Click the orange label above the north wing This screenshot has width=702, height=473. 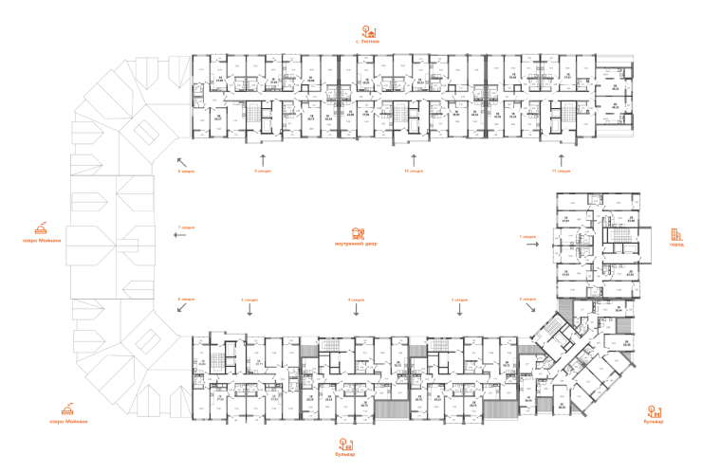(x=368, y=35)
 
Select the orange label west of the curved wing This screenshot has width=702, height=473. (x=41, y=230)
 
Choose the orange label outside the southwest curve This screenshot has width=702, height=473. (x=67, y=412)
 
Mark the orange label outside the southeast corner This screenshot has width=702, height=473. (x=653, y=412)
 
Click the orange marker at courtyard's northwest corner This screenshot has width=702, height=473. (x=186, y=171)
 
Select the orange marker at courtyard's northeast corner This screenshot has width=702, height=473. (x=562, y=171)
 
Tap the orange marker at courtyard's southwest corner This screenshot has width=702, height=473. (x=186, y=300)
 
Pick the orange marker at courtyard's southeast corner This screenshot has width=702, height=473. (x=527, y=300)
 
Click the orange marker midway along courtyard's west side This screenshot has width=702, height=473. (x=186, y=228)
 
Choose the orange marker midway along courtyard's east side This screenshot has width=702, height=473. (x=527, y=234)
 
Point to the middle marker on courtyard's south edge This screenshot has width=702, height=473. (x=355, y=300)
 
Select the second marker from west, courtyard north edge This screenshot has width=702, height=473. (x=263, y=171)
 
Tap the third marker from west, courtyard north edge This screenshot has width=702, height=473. (x=413, y=171)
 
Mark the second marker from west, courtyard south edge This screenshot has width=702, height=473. (x=249, y=300)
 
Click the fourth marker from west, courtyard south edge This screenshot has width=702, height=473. (x=459, y=300)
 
